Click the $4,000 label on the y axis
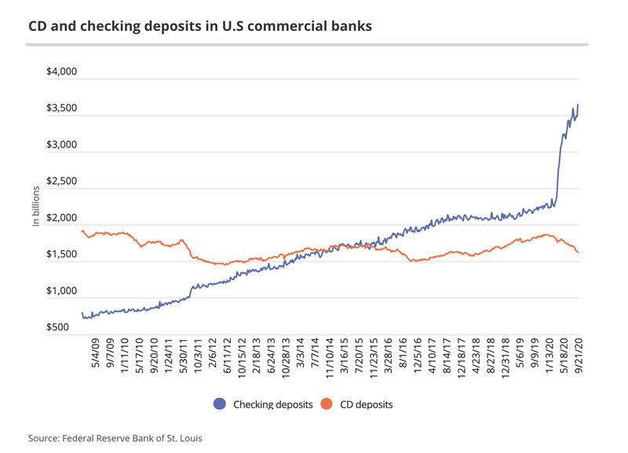(61, 72)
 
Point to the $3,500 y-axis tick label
(61, 108)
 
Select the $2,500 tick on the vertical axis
(61, 181)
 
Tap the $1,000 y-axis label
(61, 291)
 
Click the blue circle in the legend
(220, 404)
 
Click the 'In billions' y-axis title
(36, 207)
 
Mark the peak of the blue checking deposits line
(578, 104)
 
